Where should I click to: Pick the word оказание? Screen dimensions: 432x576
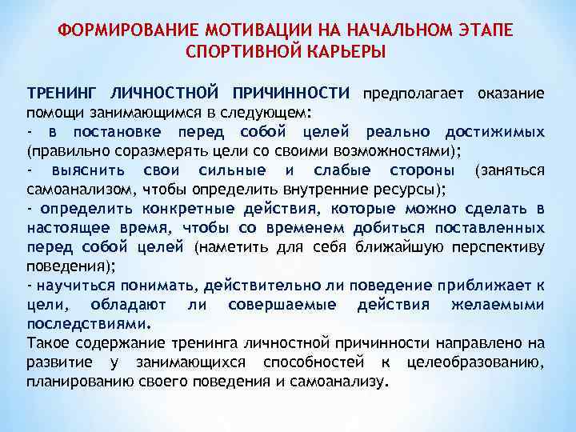[x=511, y=94]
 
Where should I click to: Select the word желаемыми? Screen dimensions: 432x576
[x=498, y=305]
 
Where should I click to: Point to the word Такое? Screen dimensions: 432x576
[x=46, y=343]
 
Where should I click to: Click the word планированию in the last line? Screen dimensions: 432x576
[x=79, y=382]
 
